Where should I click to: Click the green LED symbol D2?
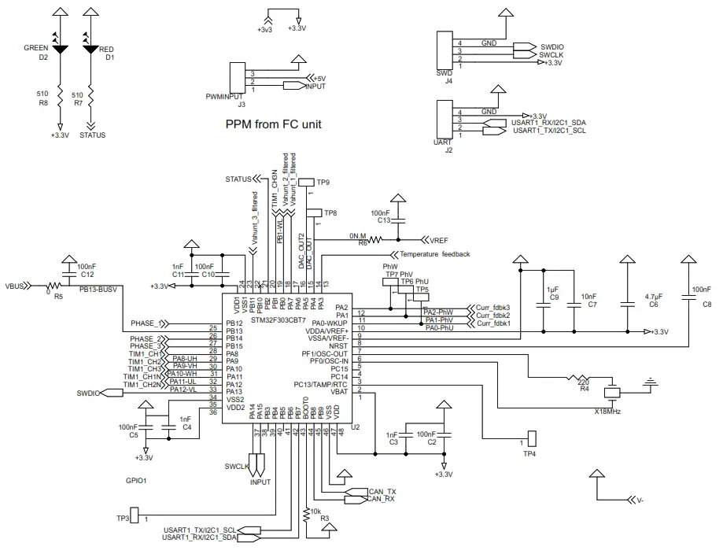coord(61,49)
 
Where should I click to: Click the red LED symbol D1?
coord(90,49)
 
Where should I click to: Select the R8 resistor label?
coord(43,102)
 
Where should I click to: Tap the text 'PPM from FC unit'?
coord(273,124)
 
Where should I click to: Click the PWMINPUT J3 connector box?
coord(235,79)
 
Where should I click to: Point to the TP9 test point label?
coord(323,182)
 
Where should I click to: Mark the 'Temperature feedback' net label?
coord(434,254)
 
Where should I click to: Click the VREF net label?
coord(438,239)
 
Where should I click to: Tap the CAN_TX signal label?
coord(382,491)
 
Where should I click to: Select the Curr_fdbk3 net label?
coord(493,307)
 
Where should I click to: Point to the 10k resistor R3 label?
coord(315,512)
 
